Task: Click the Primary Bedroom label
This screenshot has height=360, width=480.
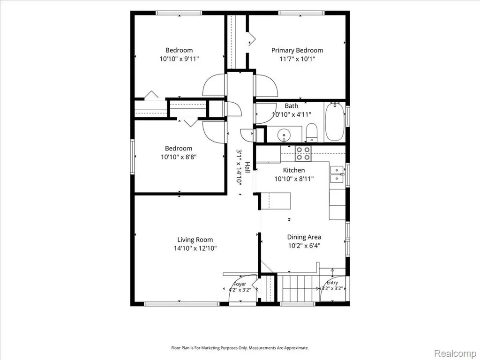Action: pyautogui.click(x=297, y=50)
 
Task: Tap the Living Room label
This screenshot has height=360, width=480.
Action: pyautogui.click(x=195, y=240)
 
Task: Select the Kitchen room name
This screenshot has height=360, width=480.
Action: pyautogui.click(x=294, y=170)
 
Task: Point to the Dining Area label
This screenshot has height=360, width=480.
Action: pyautogui.click(x=304, y=237)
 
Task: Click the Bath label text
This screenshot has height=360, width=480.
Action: pyautogui.click(x=292, y=106)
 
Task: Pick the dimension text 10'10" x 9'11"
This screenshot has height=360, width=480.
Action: pyautogui.click(x=179, y=59)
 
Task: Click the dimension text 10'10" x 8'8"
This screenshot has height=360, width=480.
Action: pyautogui.click(x=179, y=157)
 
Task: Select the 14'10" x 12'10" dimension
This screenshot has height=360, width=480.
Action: pyautogui.click(x=195, y=248)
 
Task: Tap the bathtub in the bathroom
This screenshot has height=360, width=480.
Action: pyautogui.click(x=335, y=121)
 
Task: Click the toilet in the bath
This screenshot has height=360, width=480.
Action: pyautogui.click(x=312, y=132)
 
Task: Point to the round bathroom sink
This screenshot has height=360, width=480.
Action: pyautogui.click(x=284, y=135)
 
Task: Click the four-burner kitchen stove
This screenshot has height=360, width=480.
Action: pyautogui.click(x=303, y=153)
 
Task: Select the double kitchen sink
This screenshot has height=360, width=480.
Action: pyautogui.click(x=337, y=174)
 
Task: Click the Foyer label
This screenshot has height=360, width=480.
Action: pyautogui.click(x=240, y=284)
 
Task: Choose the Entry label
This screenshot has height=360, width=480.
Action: pyautogui.click(x=332, y=283)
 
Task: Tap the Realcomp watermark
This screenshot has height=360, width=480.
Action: pyautogui.click(x=455, y=353)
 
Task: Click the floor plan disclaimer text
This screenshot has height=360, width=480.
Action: pyautogui.click(x=240, y=348)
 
